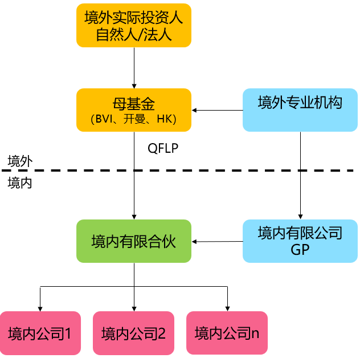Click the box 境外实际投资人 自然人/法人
pyautogui.click(x=133, y=26)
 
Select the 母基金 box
pyautogui.click(x=133, y=109)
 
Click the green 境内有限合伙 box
pyautogui.click(x=133, y=242)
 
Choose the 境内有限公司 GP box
pyautogui.click(x=300, y=241)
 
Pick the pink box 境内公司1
pyautogui.click(x=40, y=333)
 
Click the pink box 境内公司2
pyautogui.click(x=133, y=333)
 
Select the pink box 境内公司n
pyautogui.click(x=227, y=333)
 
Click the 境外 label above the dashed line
pyautogui.click(x=20, y=161)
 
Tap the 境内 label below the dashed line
pyautogui.click(x=20, y=183)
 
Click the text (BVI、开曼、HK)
pyautogui.click(x=133, y=119)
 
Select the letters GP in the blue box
pyautogui.click(x=300, y=249)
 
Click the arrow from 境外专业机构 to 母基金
pyautogui.click(x=216, y=110)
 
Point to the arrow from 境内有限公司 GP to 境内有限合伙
pyautogui.click(x=216, y=242)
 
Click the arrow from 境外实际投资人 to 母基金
pyautogui.click(x=133, y=67)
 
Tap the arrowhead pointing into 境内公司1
pyautogui.click(x=40, y=308)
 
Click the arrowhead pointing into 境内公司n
pyautogui.click(x=227, y=308)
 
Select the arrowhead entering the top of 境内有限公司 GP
pyautogui.click(x=300, y=217)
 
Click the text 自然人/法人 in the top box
pyautogui.click(x=133, y=34)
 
